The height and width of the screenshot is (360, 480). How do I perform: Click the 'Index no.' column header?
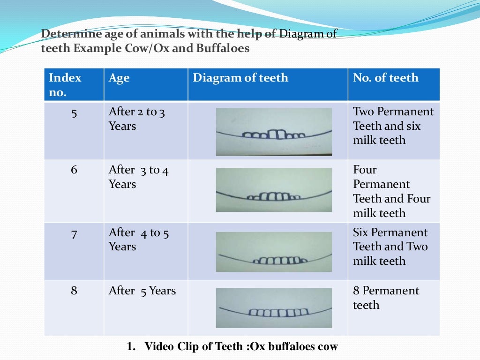pyautogui.click(x=65, y=84)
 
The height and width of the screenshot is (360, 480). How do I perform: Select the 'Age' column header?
pyautogui.click(x=119, y=78)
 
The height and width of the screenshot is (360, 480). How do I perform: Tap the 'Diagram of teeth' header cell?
pyautogui.click(x=240, y=78)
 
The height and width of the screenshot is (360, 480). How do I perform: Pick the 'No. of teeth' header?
pyautogui.click(x=385, y=78)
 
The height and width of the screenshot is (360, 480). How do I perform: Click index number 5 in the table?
pyautogui.click(x=74, y=112)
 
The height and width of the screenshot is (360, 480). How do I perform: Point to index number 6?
pyautogui.click(x=74, y=170)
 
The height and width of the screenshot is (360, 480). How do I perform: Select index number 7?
pyautogui.click(x=74, y=233)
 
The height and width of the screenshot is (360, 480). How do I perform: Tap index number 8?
pyautogui.click(x=74, y=291)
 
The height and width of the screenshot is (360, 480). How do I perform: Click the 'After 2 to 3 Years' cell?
pyautogui.click(x=137, y=119)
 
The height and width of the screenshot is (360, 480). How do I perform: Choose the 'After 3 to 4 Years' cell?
pyautogui.click(x=138, y=177)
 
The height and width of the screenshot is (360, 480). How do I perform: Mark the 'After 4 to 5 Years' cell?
pyautogui.click(x=138, y=240)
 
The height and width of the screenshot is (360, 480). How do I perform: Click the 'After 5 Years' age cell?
pyautogui.click(x=142, y=291)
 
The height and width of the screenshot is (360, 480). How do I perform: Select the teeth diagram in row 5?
pyautogui.click(x=274, y=132)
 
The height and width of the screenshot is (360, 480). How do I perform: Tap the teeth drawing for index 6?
pyautogui.click(x=274, y=190)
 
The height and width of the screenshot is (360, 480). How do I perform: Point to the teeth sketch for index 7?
pyautogui.click(x=274, y=252)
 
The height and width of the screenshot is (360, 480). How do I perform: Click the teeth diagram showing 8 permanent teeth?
pyautogui.click(x=274, y=307)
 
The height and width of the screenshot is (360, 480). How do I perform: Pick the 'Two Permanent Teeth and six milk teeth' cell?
pyautogui.click(x=393, y=126)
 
